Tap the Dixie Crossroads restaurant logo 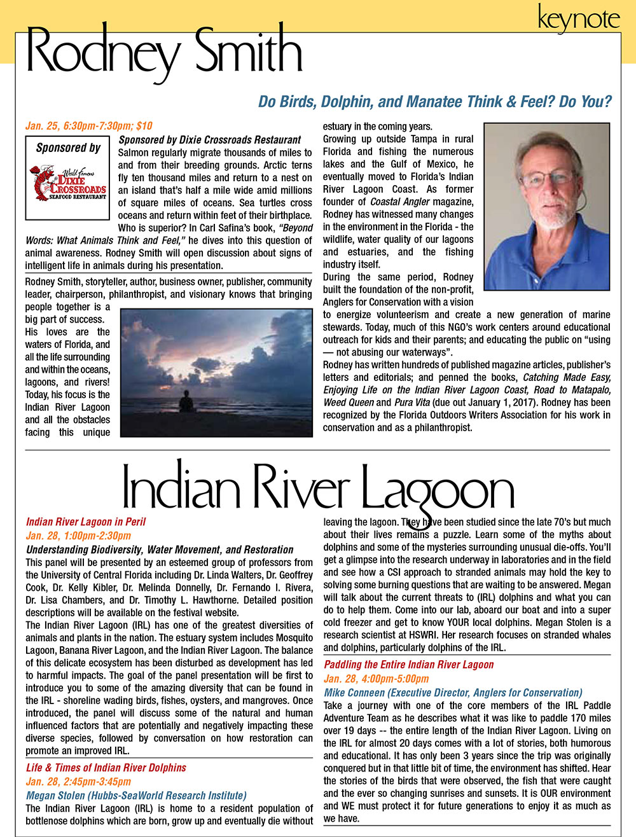tap(68, 183)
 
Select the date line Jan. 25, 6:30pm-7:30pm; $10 tap(89, 126)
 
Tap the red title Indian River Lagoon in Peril tap(86, 522)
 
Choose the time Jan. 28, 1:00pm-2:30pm tap(78, 536)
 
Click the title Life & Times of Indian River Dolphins tap(106, 768)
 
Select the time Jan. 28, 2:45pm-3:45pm tap(78, 782)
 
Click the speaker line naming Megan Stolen tap(136, 796)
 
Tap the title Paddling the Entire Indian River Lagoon tap(409, 665)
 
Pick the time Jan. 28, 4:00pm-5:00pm tap(377, 679)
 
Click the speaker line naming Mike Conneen tap(453, 693)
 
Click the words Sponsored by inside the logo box tap(68, 148)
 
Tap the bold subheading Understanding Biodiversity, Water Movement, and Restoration tap(160, 550)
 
